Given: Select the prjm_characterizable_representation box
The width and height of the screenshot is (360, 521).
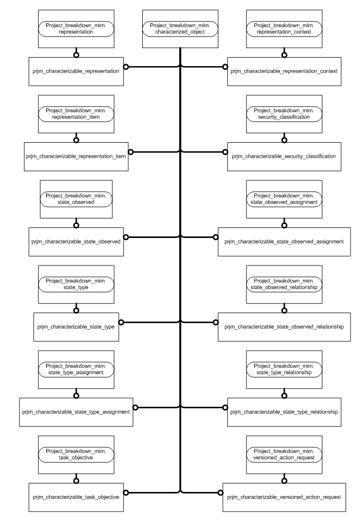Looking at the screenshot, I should (76, 72).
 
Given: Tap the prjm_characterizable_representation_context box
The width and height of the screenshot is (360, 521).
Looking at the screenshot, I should (284, 72).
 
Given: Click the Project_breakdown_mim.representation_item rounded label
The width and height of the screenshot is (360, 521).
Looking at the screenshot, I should (76, 113).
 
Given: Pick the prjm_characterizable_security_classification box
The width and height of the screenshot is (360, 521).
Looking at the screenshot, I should (284, 156).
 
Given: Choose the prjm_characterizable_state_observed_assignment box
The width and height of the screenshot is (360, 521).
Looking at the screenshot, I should (284, 241).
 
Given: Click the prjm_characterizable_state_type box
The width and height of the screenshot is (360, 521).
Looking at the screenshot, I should (76, 327).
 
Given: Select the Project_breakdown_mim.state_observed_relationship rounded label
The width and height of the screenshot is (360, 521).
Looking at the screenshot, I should (284, 284).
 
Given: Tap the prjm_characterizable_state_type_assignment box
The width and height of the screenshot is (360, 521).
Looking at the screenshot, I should (76, 412).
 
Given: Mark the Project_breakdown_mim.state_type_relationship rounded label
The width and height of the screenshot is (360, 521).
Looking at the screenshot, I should (284, 369).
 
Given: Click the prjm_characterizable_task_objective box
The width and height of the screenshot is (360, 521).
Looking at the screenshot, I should (76, 497).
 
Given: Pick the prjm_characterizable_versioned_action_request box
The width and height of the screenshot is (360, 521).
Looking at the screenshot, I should (284, 497).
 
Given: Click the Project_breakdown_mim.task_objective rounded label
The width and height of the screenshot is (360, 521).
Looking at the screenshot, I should (76, 454).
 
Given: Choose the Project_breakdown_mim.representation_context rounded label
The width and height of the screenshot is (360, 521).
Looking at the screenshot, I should (284, 29).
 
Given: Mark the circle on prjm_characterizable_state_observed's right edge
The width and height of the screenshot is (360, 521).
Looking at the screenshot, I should (126, 236).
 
